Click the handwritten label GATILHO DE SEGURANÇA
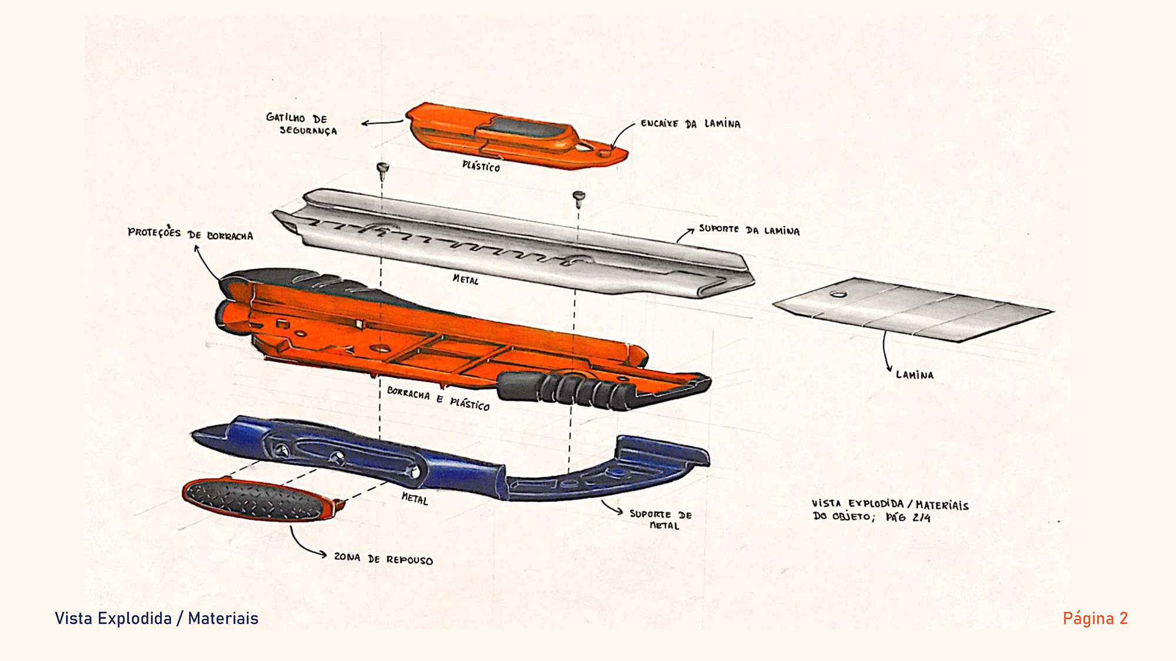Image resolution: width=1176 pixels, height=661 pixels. coord(302,124)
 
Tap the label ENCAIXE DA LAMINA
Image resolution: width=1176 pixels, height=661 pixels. coord(690,124)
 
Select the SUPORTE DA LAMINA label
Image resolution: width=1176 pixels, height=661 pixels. coord(749,230)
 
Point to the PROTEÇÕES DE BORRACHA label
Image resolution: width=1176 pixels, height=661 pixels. coord(190,234)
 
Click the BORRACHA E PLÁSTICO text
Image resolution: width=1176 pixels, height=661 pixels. coord(438,398)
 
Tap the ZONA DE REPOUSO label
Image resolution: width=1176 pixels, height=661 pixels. coord(383,558)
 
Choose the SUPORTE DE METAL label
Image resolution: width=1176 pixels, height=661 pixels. coord(661,519)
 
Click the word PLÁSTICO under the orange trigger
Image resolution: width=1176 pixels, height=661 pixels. coord(481,166)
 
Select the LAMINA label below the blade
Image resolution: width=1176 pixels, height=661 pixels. coord(914,375)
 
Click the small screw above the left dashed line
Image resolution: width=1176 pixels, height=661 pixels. coord(382,169)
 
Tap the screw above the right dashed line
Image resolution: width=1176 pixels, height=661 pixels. coord(579,197)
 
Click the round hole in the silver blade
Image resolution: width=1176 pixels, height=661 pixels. coord(838,294)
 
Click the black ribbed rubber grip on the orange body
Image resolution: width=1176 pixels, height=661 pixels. coord(564,388)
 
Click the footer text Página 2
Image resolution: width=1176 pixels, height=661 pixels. coord(1095,618)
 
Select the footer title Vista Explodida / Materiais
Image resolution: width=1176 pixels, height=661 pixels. coord(156,618)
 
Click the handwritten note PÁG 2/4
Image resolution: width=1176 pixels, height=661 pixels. coord(908,518)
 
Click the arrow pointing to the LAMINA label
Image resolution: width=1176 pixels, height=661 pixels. coord(885,353)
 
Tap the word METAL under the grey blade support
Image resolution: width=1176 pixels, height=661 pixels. coord(466,280)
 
